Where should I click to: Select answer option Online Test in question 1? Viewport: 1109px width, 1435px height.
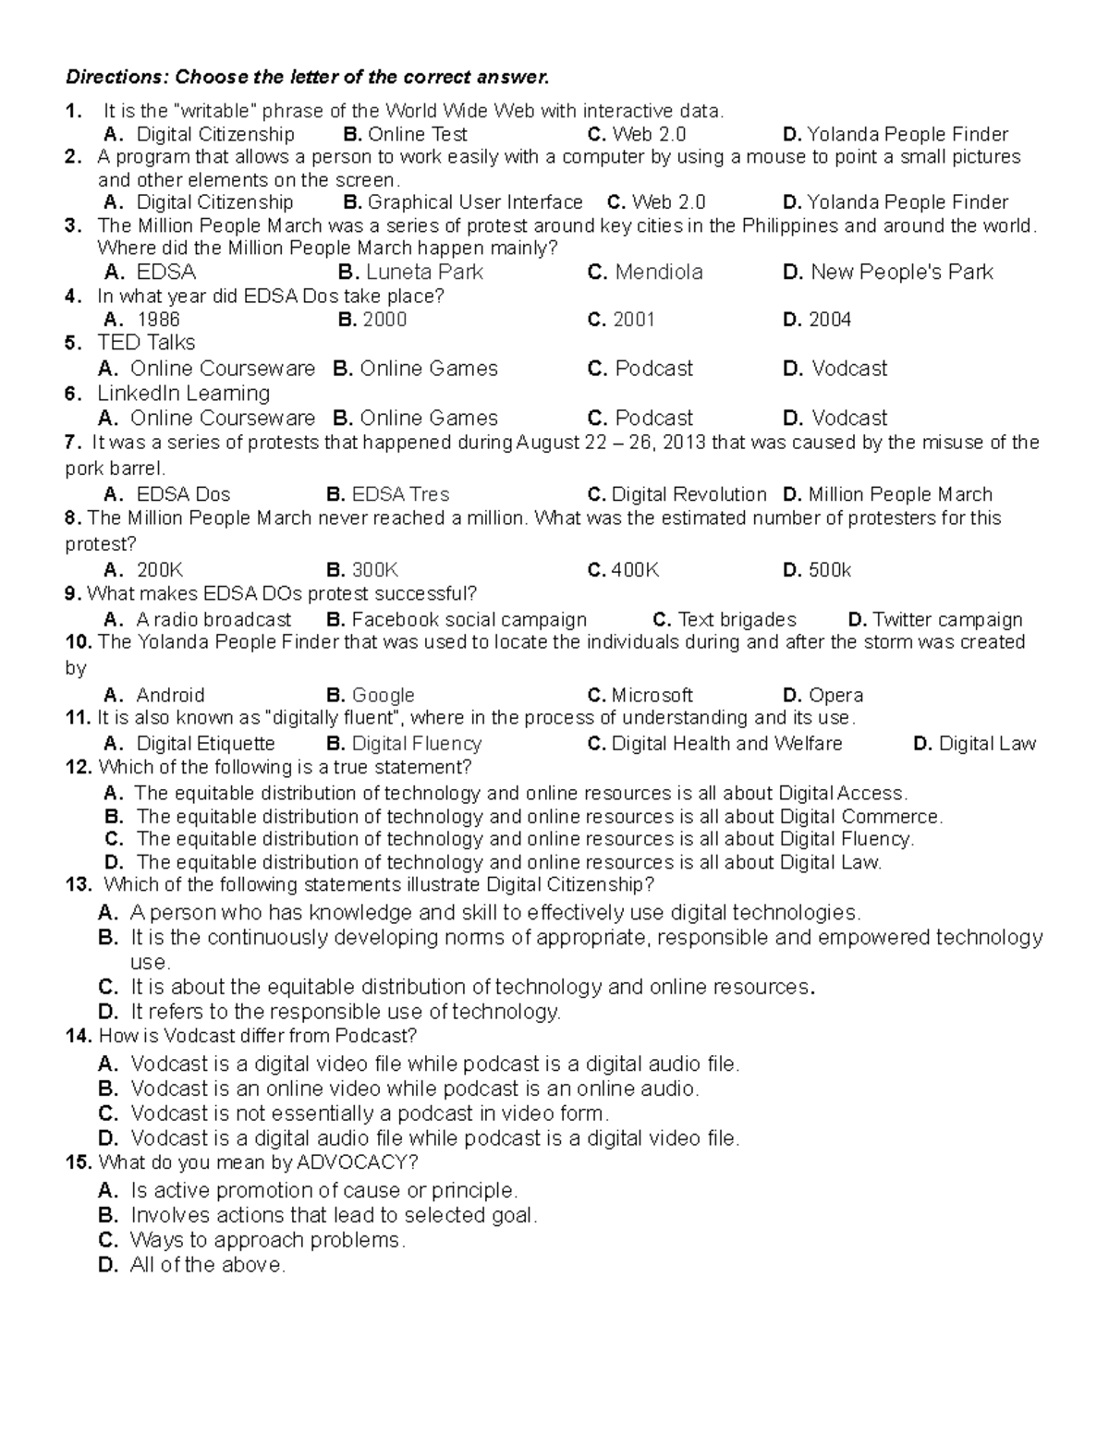point(417,135)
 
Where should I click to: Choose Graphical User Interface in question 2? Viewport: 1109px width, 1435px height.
point(474,202)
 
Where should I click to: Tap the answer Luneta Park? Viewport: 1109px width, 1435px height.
point(423,273)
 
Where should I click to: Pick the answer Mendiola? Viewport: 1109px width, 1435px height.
point(658,273)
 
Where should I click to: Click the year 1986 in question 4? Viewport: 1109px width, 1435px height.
point(158,320)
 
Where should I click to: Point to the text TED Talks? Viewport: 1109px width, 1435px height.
point(146,343)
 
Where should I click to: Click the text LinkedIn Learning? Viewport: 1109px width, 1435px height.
point(183,394)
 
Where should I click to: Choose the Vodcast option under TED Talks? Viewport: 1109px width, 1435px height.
point(848,369)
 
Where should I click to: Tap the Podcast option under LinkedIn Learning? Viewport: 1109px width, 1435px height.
point(653,419)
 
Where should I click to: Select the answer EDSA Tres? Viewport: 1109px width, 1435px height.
point(400,494)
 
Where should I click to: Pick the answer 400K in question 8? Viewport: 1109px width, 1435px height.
point(635,570)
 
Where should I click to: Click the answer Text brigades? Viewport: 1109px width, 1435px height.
point(737,620)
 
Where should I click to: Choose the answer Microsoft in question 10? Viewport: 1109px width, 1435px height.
point(652,696)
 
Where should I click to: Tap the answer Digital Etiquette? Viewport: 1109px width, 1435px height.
point(205,744)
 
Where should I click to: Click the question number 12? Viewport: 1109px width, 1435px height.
point(78,768)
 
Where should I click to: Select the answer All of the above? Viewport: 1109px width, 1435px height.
point(207,1265)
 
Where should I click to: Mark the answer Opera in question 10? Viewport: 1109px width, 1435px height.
point(835,696)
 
